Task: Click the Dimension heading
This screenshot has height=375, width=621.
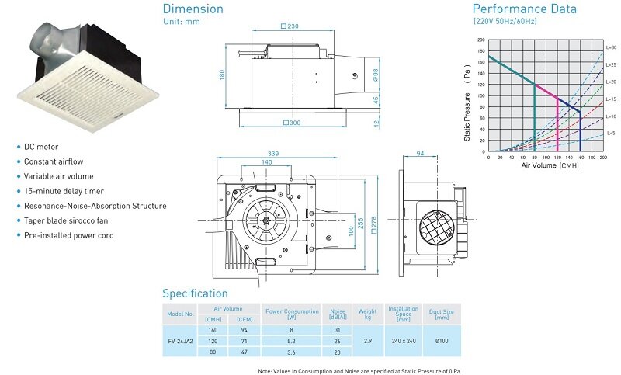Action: point(193,9)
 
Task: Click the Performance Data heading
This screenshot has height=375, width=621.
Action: point(525,9)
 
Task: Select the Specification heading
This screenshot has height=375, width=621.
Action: point(195,293)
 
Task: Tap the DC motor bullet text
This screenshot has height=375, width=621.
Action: point(42,147)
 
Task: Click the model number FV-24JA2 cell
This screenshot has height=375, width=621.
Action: point(180,341)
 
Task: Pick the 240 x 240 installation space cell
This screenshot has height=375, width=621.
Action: point(403,341)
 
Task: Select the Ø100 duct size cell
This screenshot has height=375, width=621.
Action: point(441,341)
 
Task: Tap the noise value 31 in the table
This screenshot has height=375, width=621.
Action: point(338,330)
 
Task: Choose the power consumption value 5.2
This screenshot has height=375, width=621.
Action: point(292,341)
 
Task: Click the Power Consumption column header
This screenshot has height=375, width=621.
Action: point(292,314)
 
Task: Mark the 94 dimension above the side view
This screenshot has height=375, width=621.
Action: point(420,153)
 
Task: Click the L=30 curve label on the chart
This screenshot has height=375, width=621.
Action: point(611,47)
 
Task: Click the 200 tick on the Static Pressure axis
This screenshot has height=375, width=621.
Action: point(481,40)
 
